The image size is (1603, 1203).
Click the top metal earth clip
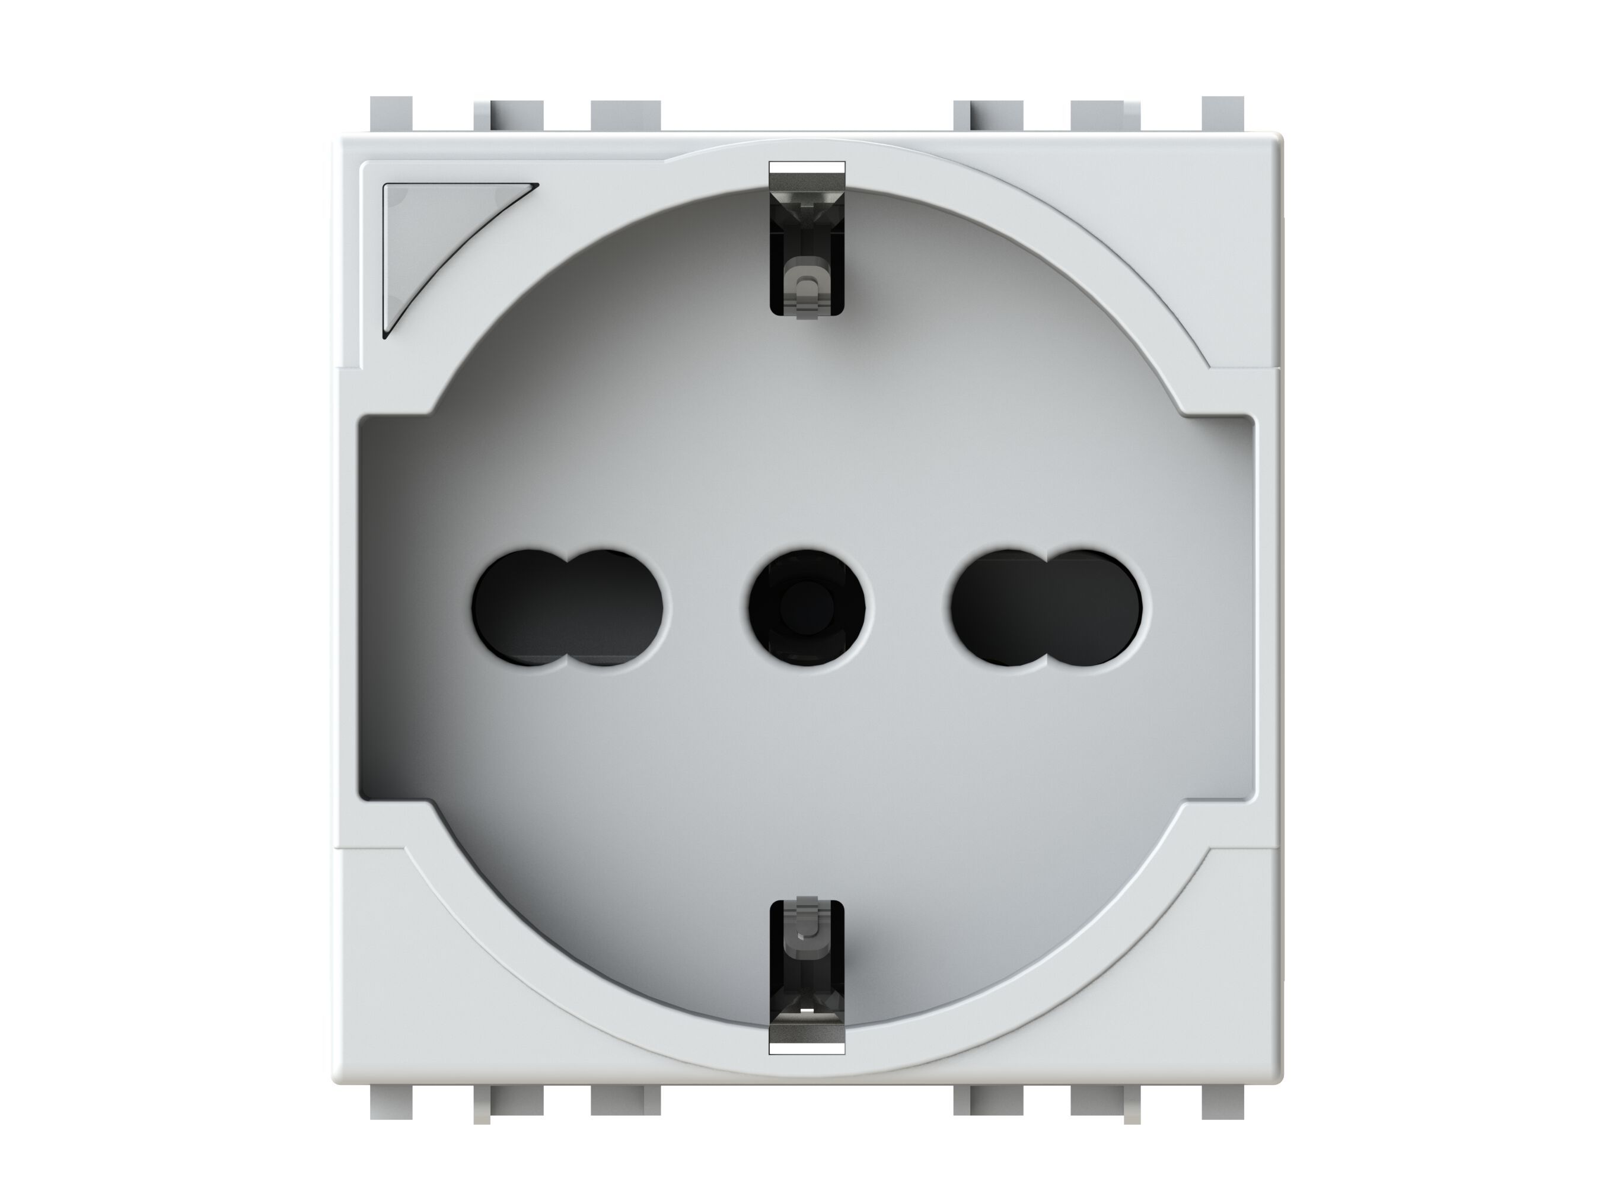pyautogui.click(x=806, y=240)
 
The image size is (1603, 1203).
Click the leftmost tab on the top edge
pyautogui.click(x=391, y=116)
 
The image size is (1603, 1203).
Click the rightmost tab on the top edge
pyautogui.click(x=1222, y=116)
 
